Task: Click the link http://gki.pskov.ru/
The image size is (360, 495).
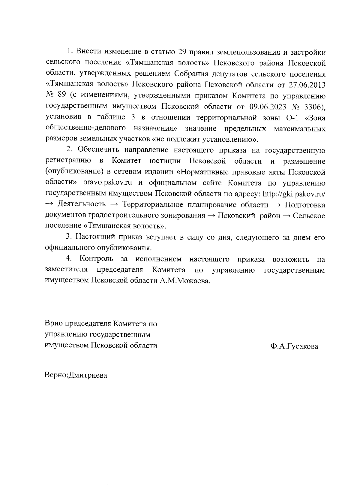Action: tap(294, 194)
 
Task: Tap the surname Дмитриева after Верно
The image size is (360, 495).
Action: tap(88, 375)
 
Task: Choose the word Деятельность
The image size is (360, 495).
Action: tap(81, 205)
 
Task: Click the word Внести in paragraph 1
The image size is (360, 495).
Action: tap(88, 52)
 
